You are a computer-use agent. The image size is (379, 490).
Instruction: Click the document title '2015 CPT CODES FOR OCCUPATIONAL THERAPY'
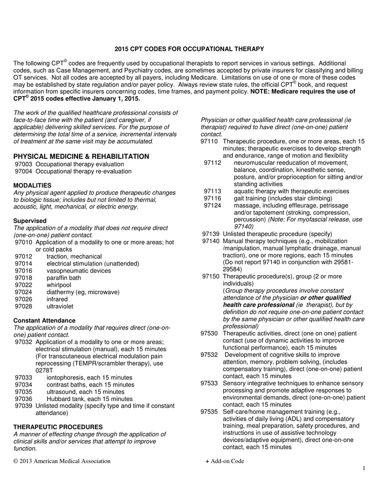[x=189, y=49]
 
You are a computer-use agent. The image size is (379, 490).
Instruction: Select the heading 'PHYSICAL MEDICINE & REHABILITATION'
[x=81, y=156]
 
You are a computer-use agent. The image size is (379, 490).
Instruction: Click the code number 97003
[x=23, y=164]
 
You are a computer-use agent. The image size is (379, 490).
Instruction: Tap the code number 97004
[x=23, y=171]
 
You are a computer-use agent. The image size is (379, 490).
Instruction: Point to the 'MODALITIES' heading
[x=32, y=185]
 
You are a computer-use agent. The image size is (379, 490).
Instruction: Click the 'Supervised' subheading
[x=30, y=221]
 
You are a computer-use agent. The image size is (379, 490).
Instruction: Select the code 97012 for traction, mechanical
[x=23, y=256]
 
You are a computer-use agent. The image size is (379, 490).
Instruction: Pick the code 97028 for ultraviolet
[x=23, y=306]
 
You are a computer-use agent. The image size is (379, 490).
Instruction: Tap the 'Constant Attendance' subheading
[x=44, y=320]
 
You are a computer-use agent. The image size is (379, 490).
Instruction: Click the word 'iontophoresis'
[x=66, y=378]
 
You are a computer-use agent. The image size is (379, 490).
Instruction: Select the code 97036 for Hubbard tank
[x=23, y=399]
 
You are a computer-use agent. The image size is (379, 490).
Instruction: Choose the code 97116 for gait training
[x=212, y=199]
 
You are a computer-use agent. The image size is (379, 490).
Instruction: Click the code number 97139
[x=211, y=234]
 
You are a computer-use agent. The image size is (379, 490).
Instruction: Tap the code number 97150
[x=211, y=277]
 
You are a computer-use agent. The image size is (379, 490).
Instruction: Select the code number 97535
[x=209, y=412]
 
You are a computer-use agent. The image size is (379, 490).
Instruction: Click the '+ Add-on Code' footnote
[x=224, y=461]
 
